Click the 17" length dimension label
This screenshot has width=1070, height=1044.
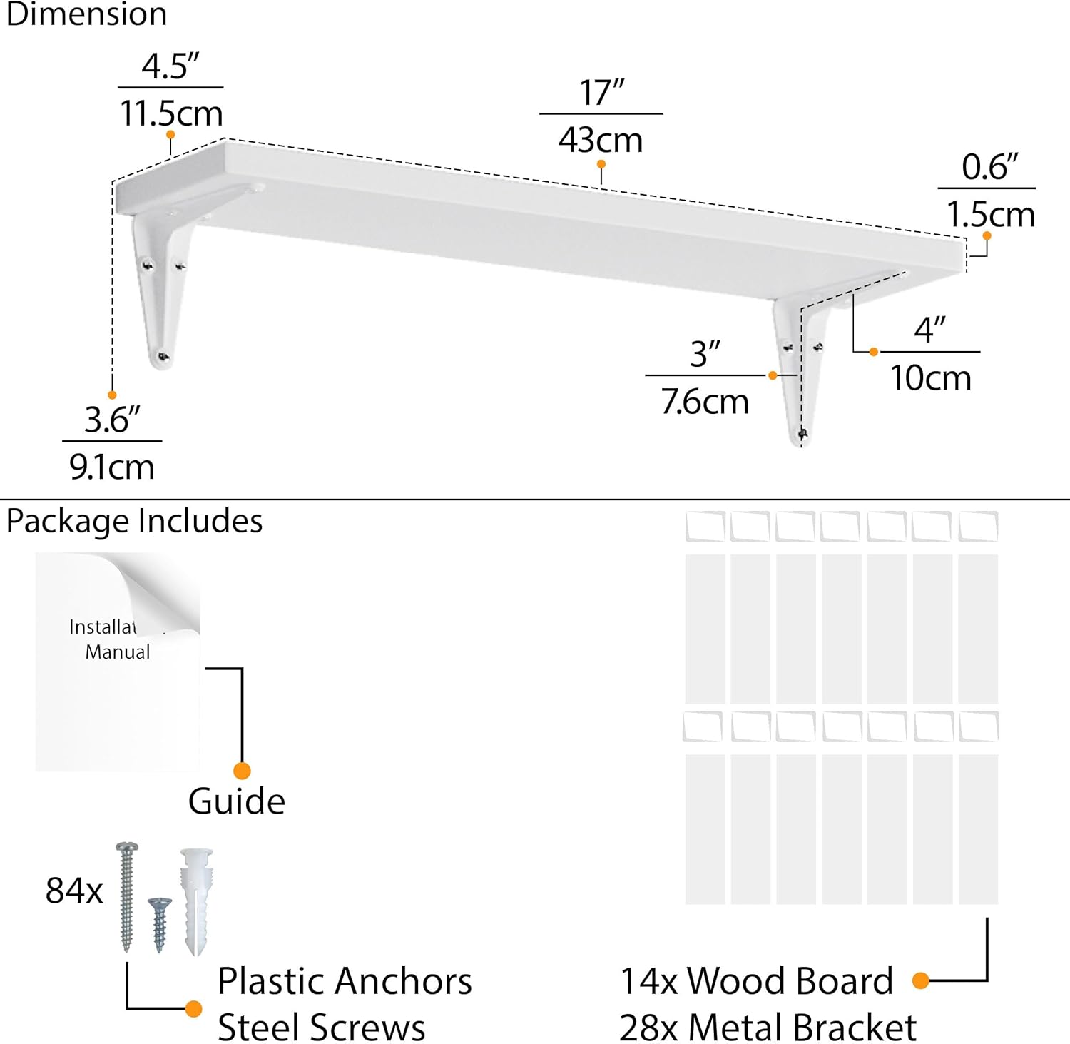tap(601, 93)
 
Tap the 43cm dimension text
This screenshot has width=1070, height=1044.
tap(601, 140)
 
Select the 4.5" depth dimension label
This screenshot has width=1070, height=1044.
tap(170, 66)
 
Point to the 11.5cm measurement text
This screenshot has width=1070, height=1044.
tap(171, 113)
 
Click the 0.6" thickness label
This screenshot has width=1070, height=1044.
tap(989, 167)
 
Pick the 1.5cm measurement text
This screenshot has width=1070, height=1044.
tap(990, 214)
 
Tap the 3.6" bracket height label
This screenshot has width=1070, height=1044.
tap(112, 420)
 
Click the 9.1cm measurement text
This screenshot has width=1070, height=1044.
tap(112, 467)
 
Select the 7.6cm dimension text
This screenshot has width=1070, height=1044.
tap(705, 402)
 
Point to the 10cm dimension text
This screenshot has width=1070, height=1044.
tap(930, 377)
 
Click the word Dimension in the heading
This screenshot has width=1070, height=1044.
tap(86, 14)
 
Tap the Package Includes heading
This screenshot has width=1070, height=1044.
tap(134, 521)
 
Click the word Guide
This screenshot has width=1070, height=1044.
tap(237, 801)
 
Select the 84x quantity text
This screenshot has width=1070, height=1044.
tap(74, 891)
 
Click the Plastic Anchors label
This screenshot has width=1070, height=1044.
tap(345, 981)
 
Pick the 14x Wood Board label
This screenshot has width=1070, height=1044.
tap(756, 981)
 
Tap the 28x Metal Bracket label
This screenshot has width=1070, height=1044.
tap(768, 1028)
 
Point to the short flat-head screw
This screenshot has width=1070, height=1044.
tap(160, 923)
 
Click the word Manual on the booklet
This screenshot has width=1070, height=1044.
tap(118, 652)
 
